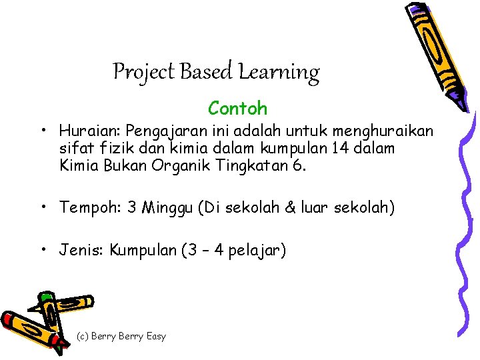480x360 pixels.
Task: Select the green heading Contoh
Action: click(237, 108)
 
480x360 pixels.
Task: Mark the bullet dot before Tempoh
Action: click(42, 207)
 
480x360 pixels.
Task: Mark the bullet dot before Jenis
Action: click(42, 250)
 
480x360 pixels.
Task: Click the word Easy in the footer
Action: click(155, 337)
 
